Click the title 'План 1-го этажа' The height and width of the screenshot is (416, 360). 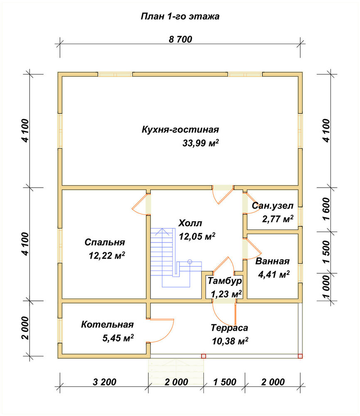180,17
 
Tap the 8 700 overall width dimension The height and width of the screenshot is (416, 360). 180,39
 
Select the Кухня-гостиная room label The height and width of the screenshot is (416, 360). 180,129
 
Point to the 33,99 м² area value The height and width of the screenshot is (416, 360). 201,143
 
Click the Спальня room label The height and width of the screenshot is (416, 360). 105,242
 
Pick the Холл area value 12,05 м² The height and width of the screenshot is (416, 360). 197,236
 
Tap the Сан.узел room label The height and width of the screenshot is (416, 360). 273,206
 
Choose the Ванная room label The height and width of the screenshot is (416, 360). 272,261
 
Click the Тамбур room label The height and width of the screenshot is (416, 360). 224,281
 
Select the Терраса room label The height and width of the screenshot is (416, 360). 229,328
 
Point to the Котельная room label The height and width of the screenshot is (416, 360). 107,324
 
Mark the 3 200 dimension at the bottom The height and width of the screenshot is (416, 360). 104,382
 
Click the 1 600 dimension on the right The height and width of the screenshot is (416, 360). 326,209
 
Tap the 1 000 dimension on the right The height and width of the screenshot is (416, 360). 326,287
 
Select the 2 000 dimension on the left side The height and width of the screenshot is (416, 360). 25,328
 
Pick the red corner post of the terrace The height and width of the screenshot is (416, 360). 300,356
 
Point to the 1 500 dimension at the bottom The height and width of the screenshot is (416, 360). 224,382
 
